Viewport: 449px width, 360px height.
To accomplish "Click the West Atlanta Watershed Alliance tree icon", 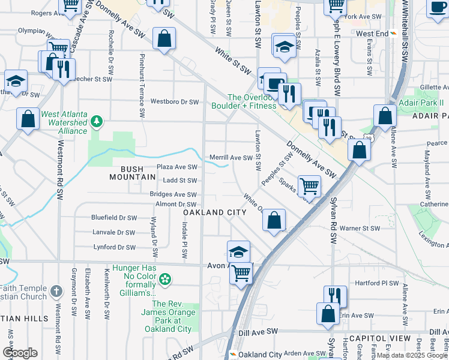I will (x=97, y=122).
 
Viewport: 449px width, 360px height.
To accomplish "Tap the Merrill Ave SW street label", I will (x=231, y=158).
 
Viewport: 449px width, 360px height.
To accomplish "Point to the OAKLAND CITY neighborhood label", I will (x=214, y=213).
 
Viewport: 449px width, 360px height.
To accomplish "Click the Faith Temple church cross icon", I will (x=56, y=291).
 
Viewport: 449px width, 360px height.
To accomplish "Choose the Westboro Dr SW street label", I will (x=174, y=102).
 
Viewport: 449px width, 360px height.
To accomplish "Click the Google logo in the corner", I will (x=19, y=353).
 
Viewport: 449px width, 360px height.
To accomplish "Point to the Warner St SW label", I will (x=360, y=228).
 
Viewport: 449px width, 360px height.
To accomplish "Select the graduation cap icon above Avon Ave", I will (x=238, y=251).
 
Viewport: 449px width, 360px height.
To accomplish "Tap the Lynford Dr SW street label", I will (x=115, y=247).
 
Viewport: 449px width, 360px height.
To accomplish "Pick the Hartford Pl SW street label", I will (x=376, y=283).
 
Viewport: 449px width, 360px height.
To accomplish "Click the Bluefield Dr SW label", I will (x=114, y=218).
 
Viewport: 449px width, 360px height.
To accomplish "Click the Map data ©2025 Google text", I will (x=411, y=355).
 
